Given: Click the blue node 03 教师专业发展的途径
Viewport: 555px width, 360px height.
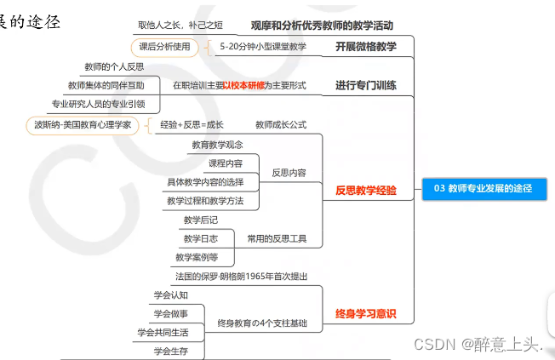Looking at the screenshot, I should tap(483, 188).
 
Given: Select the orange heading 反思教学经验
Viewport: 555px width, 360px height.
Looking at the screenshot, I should tap(365, 191).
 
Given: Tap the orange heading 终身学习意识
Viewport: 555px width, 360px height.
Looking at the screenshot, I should tap(365, 313).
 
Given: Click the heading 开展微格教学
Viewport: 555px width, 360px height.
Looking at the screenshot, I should tap(365, 46).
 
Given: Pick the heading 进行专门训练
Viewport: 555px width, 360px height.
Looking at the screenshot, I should tap(365, 85).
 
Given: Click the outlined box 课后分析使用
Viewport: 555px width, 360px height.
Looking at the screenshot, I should tap(165, 46).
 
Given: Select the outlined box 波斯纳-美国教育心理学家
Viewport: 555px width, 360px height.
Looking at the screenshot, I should tap(83, 124).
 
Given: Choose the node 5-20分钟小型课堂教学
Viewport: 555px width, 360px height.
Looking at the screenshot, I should tap(262, 46).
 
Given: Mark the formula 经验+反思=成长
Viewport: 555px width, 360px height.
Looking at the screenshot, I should tap(192, 124).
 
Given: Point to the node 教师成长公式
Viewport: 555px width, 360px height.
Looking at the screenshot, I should tap(280, 124).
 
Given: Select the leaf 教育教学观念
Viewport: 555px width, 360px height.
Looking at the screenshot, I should tap(217, 145).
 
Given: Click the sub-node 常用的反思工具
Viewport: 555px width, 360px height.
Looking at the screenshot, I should tap(277, 238).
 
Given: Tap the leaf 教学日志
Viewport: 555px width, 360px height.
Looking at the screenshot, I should tap(200, 238).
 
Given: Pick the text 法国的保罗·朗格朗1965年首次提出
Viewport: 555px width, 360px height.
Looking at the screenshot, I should tap(241, 277).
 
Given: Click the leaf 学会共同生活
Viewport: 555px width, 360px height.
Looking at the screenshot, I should tap(163, 332).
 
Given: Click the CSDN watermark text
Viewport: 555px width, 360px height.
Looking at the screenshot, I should tap(477, 344).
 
